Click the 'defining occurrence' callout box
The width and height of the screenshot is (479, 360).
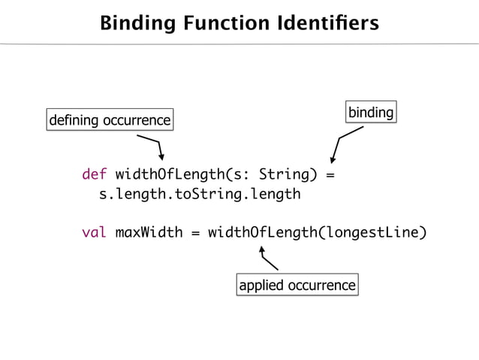110,119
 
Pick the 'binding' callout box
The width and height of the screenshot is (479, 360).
370,113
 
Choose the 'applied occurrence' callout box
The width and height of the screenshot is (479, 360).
297,285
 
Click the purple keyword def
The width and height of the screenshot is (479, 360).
94,176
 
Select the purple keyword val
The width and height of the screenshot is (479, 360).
94,232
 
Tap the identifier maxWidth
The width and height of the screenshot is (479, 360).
149,232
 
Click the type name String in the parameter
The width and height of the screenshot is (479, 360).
279,176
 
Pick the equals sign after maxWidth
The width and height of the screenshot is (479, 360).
195,232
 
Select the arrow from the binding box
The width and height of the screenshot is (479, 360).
343,143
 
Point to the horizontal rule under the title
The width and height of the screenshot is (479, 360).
239,44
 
